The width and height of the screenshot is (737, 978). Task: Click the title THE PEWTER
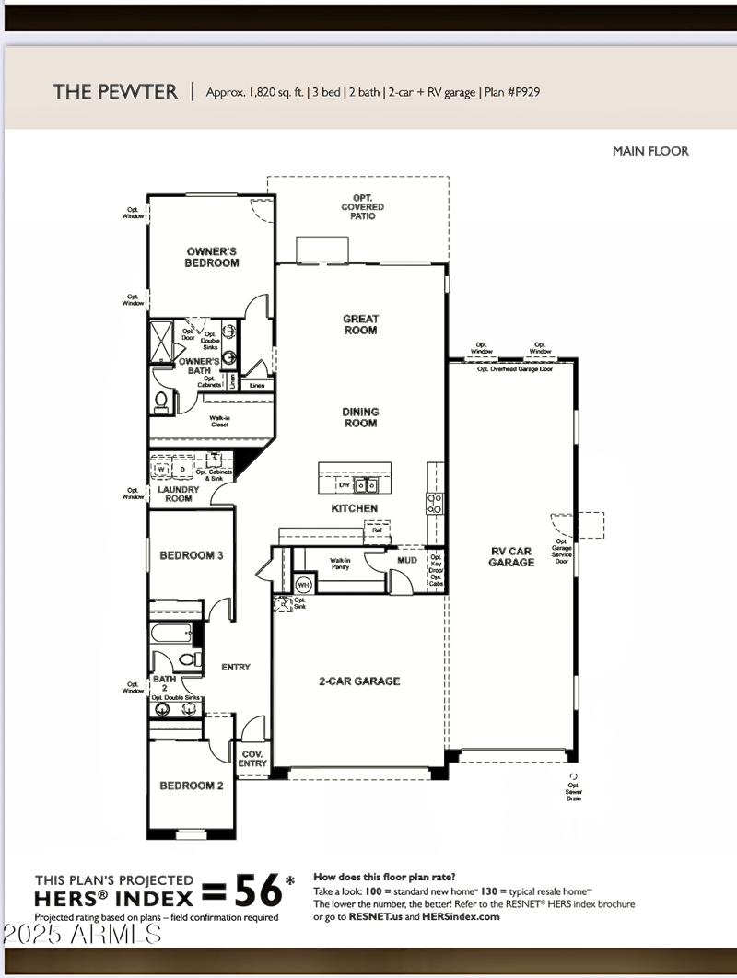(115, 91)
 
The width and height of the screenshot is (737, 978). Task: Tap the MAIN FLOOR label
(650, 151)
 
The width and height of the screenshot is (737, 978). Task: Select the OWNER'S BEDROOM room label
(213, 257)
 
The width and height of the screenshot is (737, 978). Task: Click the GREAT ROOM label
(361, 324)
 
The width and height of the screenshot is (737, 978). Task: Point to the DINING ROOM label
(361, 418)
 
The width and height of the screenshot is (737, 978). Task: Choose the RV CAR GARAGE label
(511, 556)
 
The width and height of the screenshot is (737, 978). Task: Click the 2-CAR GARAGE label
(359, 681)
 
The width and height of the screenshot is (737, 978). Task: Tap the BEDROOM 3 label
(192, 555)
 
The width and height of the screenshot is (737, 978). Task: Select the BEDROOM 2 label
(192, 786)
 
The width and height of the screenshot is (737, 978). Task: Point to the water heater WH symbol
(303, 584)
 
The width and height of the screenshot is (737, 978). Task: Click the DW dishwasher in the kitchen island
(344, 484)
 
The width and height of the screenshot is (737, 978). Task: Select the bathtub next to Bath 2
(171, 634)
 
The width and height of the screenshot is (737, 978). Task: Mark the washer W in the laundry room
(161, 469)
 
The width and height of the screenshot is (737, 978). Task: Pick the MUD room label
(407, 559)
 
